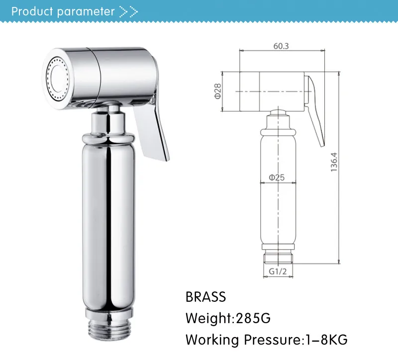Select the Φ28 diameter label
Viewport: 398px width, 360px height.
218,91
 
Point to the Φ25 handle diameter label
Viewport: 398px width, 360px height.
277,177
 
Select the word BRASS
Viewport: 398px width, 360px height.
205,297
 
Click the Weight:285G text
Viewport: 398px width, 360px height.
228,318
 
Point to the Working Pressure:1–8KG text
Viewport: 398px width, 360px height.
266,340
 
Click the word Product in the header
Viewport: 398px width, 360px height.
32,11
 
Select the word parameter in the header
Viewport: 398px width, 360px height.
86,11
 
